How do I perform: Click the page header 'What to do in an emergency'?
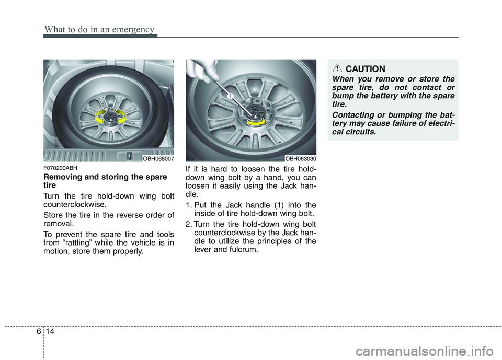click(x=99, y=29)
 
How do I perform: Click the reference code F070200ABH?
click(x=61, y=168)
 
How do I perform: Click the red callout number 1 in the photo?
click(x=229, y=96)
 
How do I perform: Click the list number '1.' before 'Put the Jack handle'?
click(x=189, y=205)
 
